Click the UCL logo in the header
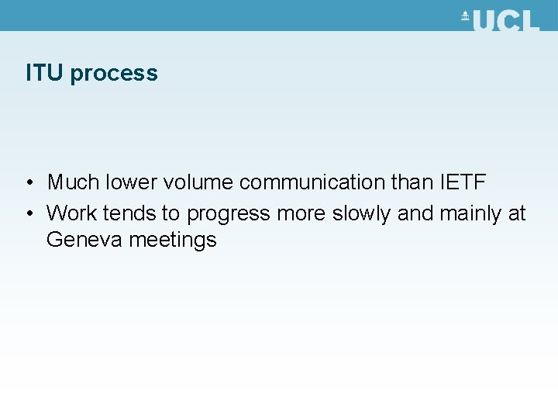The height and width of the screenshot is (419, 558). (x=500, y=20)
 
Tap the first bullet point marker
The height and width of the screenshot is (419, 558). (x=28, y=183)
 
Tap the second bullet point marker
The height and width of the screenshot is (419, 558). (x=28, y=213)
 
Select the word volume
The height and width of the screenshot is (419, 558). (x=198, y=182)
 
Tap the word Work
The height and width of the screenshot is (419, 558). (x=72, y=213)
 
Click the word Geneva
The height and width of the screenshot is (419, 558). (x=85, y=240)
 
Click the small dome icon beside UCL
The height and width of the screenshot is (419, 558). (x=465, y=16)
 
